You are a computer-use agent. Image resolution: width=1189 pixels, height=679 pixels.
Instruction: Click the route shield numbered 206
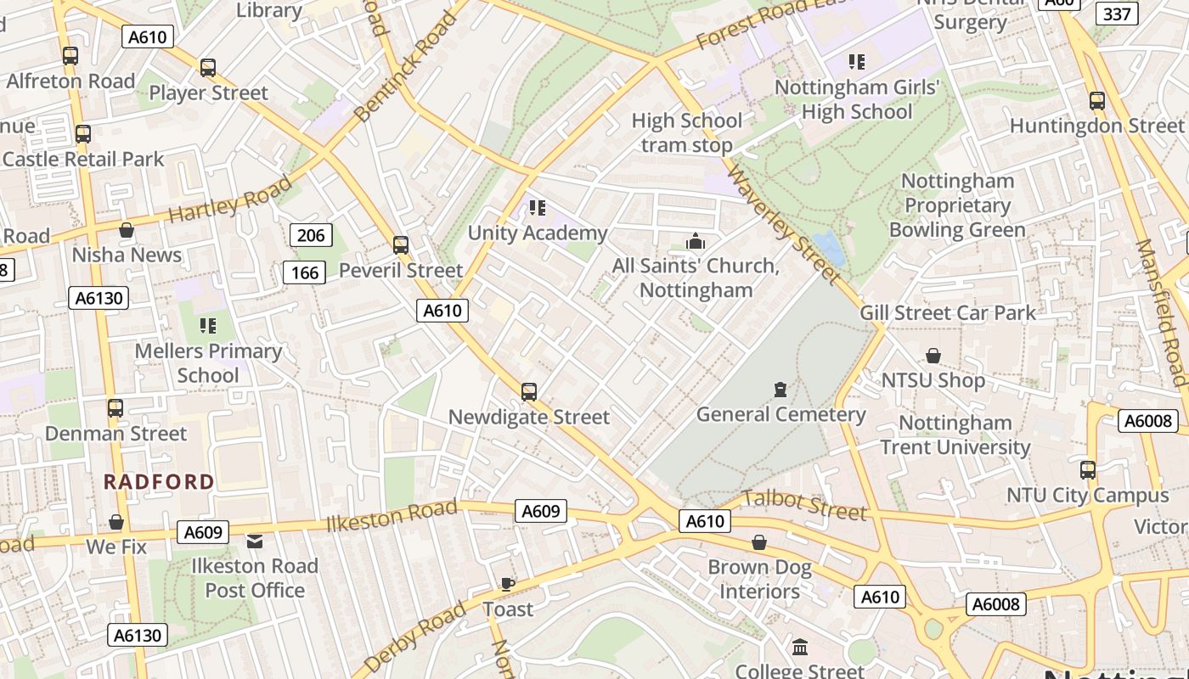click(311, 235)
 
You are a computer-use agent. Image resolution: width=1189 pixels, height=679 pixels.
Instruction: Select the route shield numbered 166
click(304, 272)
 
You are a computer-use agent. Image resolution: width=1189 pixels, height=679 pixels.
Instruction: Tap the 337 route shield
click(1117, 14)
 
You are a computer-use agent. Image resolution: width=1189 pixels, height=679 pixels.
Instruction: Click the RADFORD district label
click(159, 482)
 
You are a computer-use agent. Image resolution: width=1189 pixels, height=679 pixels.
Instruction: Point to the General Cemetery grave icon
click(780, 390)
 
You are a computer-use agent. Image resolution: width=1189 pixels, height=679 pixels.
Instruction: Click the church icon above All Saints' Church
click(696, 242)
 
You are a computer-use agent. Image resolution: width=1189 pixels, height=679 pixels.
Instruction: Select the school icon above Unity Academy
click(537, 207)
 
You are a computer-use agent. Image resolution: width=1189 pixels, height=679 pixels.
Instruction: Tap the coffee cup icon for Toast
click(507, 584)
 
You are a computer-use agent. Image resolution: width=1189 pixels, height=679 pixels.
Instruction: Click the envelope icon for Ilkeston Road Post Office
click(255, 541)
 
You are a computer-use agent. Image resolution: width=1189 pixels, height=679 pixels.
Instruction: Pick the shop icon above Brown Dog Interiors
click(759, 542)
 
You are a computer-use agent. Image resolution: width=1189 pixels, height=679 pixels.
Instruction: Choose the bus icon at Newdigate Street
click(529, 391)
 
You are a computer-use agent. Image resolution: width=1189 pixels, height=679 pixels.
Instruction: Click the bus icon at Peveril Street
click(401, 245)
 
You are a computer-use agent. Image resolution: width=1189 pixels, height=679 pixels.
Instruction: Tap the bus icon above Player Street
click(208, 68)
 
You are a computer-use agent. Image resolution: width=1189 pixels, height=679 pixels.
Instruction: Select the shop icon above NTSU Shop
click(933, 356)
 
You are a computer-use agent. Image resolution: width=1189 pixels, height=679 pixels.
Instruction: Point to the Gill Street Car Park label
click(948, 313)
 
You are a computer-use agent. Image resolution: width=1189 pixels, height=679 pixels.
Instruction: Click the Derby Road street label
click(414, 637)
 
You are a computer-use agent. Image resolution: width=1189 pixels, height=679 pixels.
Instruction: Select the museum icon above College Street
click(800, 648)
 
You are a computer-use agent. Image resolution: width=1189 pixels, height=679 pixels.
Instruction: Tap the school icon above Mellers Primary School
click(208, 325)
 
